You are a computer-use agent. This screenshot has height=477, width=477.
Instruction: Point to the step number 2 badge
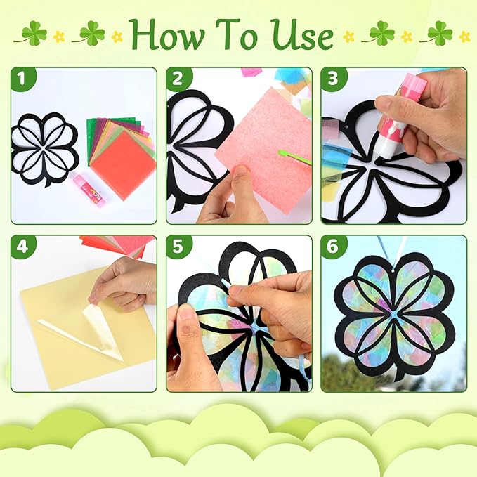click(x=178, y=80)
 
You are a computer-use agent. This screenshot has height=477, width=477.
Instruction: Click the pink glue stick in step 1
click(x=89, y=190)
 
